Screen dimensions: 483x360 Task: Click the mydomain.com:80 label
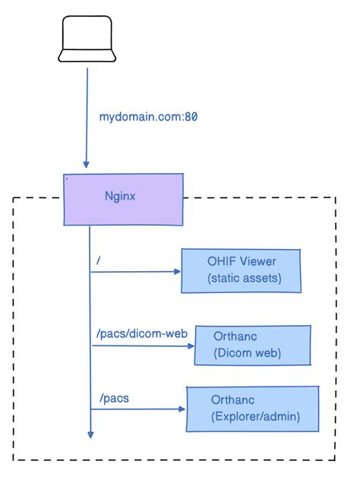click(x=149, y=118)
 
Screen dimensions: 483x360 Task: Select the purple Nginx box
click(x=123, y=199)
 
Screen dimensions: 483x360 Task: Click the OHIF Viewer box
click(x=241, y=270)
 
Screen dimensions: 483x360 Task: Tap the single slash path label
click(x=98, y=260)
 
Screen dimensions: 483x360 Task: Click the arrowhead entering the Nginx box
click(x=87, y=165)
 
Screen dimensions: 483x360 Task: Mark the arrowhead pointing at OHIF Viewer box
click(x=177, y=271)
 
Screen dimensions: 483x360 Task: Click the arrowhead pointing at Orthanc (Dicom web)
click(x=191, y=346)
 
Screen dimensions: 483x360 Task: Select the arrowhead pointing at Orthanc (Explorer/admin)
click(x=182, y=409)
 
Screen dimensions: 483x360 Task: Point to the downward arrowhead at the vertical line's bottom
click(x=90, y=434)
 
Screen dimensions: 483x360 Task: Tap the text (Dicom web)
click(x=248, y=353)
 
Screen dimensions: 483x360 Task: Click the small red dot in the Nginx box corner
click(x=67, y=179)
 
